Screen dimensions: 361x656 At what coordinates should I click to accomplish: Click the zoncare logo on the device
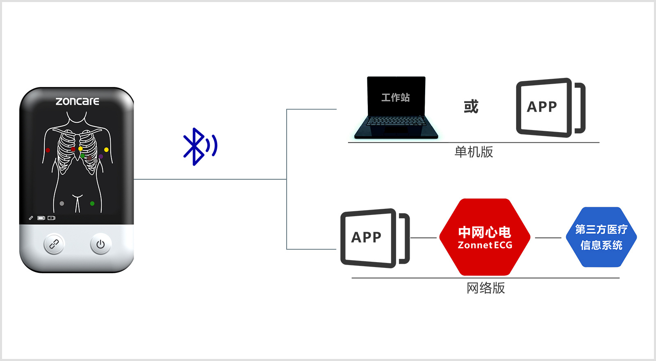(x=77, y=101)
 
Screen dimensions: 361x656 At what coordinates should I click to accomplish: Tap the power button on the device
(x=100, y=244)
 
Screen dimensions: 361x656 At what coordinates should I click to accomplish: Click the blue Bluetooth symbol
(x=199, y=146)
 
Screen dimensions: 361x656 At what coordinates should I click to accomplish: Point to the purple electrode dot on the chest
(x=101, y=156)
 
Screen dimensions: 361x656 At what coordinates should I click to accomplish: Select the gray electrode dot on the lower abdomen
(x=62, y=203)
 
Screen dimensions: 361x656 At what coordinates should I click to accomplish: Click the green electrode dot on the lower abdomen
(x=92, y=203)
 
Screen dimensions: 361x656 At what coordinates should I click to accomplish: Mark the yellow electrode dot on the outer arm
(x=107, y=150)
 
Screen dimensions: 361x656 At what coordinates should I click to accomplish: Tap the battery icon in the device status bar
(x=41, y=218)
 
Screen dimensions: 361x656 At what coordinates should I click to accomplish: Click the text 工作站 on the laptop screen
(x=396, y=98)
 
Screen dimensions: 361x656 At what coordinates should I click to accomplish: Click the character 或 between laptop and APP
(x=471, y=107)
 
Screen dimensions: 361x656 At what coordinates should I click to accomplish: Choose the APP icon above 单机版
(x=549, y=107)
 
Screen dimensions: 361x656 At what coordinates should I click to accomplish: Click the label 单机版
(x=474, y=152)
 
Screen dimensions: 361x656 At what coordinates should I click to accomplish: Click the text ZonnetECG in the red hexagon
(x=485, y=245)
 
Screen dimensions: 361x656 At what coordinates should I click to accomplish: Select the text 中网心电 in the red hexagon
(x=485, y=232)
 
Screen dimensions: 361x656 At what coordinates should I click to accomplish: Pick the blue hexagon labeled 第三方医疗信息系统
(x=601, y=237)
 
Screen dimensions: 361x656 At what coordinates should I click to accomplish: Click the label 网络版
(x=485, y=288)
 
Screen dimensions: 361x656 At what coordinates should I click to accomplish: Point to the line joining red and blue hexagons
(x=548, y=238)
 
